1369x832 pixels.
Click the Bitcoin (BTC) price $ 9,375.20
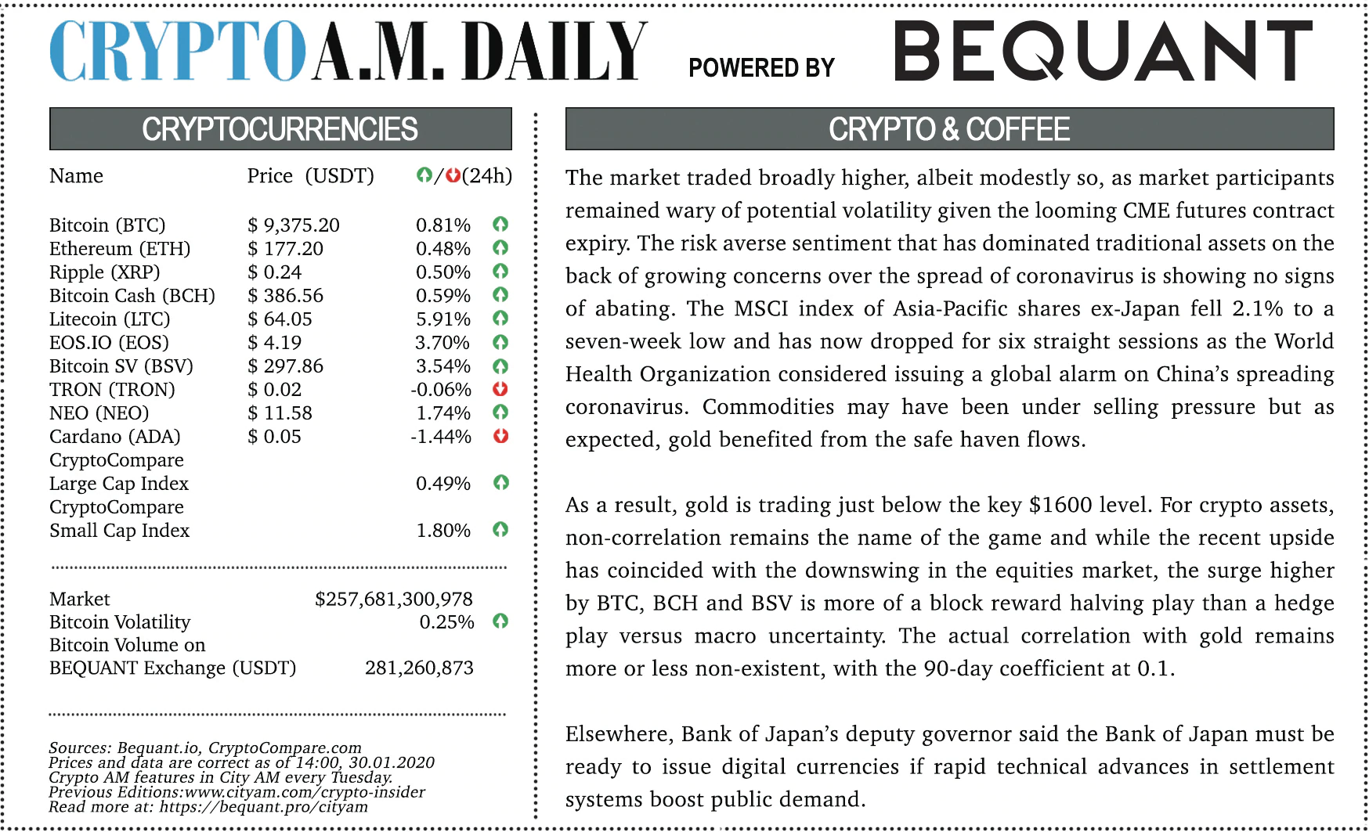point(294,225)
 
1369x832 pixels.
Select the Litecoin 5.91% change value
point(442,319)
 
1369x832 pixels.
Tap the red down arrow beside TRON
point(500,389)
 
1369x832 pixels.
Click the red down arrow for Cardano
point(500,436)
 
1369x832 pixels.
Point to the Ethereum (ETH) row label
point(120,249)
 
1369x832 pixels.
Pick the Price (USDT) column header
point(310,176)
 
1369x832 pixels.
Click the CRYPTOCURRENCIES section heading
point(280,129)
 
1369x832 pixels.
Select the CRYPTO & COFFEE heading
point(949,129)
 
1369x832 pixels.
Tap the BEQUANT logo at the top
point(1103,51)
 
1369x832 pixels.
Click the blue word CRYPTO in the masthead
point(177,51)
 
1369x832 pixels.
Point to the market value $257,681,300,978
point(394,600)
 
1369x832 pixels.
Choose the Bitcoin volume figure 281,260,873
point(419,668)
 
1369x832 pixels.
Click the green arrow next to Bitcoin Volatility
point(500,621)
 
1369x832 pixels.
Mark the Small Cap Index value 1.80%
point(442,531)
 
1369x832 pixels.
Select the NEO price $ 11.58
point(280,413)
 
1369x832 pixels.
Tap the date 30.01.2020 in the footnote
point(391,762)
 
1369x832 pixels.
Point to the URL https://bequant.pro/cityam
point(263,807)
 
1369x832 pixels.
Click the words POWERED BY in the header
point(761,68)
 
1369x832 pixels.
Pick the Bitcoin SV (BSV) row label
point(121,366)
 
